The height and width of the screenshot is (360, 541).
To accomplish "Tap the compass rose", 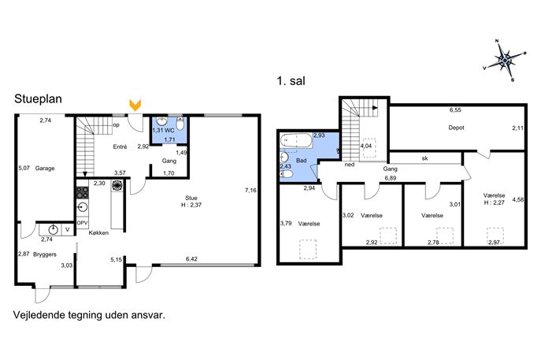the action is (x=505, y=61).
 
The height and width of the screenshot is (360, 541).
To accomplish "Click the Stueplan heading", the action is (x=38, y=99).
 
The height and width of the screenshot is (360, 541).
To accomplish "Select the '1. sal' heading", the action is (x=291, y=81).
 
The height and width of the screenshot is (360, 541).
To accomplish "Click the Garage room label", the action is (x=45, y=168).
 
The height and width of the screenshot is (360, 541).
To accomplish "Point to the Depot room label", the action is (x=456, y=128).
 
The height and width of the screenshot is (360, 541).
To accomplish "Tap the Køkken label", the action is (x=98, y=233).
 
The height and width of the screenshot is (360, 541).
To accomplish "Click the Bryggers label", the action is (x=45, y=254).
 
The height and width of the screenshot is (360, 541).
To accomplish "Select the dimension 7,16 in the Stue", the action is (x=250, y=190).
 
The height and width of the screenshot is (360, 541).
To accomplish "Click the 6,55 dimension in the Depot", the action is (x=455, y=110).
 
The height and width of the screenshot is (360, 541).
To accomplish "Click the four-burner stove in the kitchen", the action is (x=82, y=192).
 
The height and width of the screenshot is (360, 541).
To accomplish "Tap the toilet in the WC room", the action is (x=180, y=124).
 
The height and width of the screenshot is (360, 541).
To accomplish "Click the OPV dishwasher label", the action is (x=82, y=223).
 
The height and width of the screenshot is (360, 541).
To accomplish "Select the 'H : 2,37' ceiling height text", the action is (x=191, y=205).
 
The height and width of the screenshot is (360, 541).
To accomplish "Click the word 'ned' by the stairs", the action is (x=350, y=165).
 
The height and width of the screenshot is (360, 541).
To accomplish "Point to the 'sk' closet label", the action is (x=424, y=158).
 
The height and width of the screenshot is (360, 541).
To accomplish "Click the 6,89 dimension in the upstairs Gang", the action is (x=391, y=179).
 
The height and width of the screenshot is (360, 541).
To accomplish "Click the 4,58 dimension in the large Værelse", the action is (x=518, y=199).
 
